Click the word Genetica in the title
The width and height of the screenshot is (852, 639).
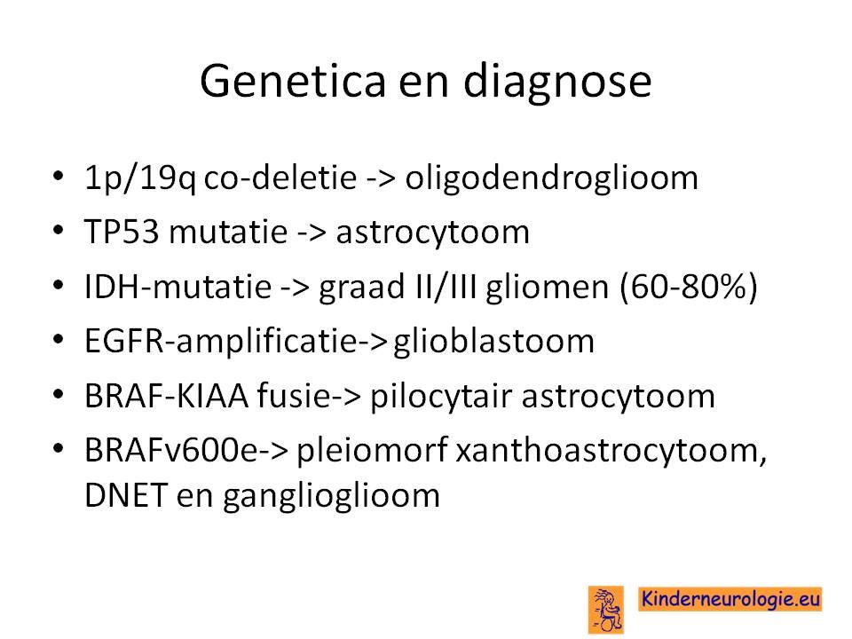(293, 81)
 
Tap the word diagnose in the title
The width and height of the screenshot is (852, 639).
(557, 83)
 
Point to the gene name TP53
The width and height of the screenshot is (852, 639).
(122, 232)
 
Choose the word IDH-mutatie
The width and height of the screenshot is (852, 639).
(177, 287)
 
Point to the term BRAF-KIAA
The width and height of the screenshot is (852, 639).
(166, 396)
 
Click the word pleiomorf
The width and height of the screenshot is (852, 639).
(372, 451)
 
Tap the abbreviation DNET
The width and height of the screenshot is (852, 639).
(125, 495)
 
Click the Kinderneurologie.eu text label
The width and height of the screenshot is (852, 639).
(730, 599)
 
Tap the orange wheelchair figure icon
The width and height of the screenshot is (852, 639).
(606, 610)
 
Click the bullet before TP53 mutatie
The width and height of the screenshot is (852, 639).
(59, 230)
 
